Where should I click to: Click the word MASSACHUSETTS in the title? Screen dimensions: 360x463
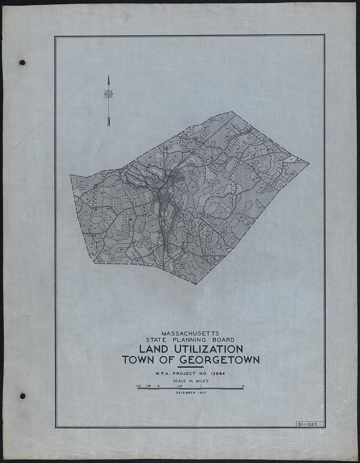point(190,335)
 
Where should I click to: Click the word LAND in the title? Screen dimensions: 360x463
point(153,350)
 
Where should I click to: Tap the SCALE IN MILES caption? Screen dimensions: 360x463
point(190,382)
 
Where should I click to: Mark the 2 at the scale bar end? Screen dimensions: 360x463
point(243,385)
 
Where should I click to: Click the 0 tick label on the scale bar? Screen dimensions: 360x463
point(159,385)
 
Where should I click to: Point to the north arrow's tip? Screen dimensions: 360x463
point(108,76)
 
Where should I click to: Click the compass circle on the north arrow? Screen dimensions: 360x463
point(108,93)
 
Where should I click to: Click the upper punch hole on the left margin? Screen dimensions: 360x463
point(22,62)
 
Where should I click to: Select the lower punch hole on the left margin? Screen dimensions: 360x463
point(22,396)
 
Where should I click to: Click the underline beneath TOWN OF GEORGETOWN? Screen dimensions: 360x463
point(190,367)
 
